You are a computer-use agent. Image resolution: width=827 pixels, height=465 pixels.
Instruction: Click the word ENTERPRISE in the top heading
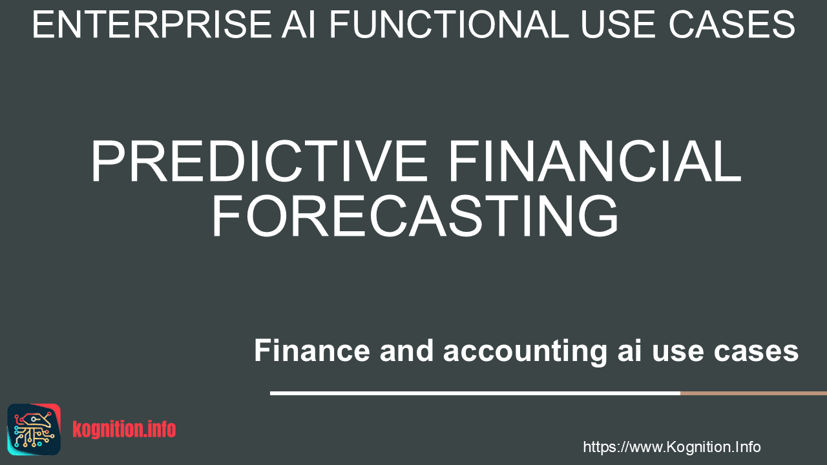point(152,25)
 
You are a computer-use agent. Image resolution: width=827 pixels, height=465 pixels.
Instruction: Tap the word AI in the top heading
point(298,25)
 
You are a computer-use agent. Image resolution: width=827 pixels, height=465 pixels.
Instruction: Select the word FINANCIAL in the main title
point(594,161)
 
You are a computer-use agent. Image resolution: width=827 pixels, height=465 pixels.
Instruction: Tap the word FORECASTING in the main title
point(415,216)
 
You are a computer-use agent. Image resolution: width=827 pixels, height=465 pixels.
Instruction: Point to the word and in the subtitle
point(406,350)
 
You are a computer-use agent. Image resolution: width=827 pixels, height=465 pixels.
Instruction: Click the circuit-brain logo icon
point(34,429)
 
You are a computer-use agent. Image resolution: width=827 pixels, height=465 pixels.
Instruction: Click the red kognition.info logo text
point(124,429)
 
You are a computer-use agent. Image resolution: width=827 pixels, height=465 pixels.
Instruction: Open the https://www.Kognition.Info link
point(672,448)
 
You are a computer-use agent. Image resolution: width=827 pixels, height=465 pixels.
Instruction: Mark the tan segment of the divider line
point(753,393)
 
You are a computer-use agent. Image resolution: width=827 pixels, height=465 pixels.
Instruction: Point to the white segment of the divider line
point(475,393)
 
